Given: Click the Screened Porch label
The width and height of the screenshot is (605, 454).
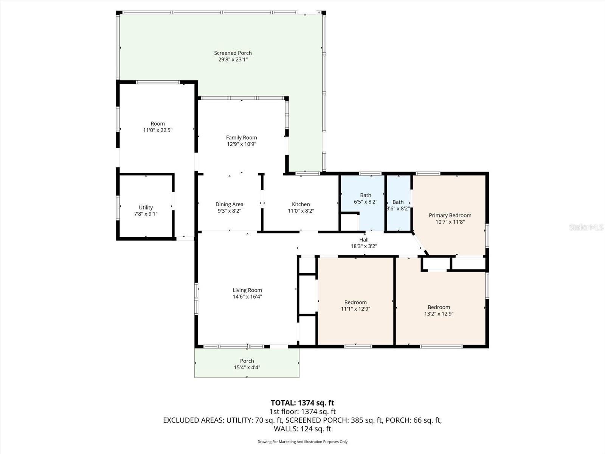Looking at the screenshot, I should coord(233,53).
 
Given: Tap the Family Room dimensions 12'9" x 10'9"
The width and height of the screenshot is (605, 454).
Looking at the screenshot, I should coord(241,144).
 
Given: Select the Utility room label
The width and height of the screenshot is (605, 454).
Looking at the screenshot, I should coord(146,207).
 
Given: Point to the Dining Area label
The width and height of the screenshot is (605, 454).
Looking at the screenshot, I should coord(229,204).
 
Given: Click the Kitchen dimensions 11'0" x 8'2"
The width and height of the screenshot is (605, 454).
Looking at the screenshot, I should coord(301,211).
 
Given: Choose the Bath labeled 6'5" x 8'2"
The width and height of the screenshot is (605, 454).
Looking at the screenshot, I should coord(365,199).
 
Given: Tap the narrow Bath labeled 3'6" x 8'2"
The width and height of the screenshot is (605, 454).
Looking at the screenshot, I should coord(398,205).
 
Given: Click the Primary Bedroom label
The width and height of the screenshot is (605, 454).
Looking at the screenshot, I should coord(450,215).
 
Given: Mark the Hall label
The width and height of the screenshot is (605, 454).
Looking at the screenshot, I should coord(364,239).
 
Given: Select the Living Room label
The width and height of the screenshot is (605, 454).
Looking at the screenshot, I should coord(247,290).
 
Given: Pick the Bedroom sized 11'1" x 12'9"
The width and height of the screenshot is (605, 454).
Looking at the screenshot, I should coord(355,305).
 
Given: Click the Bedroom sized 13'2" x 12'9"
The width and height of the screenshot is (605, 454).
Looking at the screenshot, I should coord(439,310).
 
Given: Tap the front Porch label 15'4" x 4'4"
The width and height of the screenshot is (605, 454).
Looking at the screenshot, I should coord(247,364).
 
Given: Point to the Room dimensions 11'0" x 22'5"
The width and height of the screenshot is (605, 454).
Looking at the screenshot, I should coord(158,130).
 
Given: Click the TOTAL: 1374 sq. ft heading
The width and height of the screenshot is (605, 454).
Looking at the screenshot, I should coord(302,403).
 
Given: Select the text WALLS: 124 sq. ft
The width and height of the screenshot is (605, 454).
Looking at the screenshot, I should coord(302,429).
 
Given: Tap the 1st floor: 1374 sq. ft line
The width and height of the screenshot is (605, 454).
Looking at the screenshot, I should coord(302,411).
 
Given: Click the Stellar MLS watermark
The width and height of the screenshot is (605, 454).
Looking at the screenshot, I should coord(586,227).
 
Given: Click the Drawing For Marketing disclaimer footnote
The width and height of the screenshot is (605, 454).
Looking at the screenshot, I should coord(302,442).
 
